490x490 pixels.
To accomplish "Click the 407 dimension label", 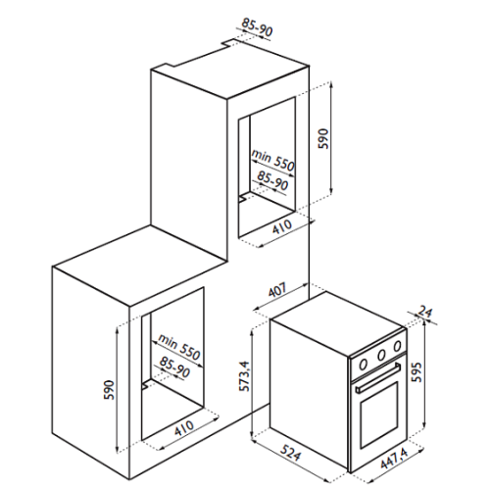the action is coord(277,289).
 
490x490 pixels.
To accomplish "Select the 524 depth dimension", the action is coord(290,452).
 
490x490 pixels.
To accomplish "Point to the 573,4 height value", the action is coord(245,376).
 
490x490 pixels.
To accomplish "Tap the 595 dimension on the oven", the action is coord(416,372).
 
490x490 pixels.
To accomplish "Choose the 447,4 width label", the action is coord(395,459).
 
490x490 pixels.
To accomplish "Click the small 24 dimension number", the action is coord(425,312).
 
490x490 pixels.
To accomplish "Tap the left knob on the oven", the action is coord(364,364).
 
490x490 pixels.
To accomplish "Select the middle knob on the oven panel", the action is coord(381,354).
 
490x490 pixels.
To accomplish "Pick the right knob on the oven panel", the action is coord(397,345).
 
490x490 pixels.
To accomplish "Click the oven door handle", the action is coord(378,377).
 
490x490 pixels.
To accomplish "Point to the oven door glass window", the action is coord(379,415).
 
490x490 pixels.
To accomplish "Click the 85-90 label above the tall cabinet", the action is coord(257,27).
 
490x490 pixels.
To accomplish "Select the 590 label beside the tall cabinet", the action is coord(323,138).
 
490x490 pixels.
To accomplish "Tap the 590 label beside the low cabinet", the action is coord(110,389).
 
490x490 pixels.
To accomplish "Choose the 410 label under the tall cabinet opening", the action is coord(282,226).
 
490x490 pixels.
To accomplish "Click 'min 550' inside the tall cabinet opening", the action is coord(273,160).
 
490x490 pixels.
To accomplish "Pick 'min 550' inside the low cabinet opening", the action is coord(178,347).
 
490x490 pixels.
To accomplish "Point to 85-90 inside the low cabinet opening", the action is coord(174,367).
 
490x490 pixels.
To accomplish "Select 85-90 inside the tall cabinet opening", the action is coord(272,180).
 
